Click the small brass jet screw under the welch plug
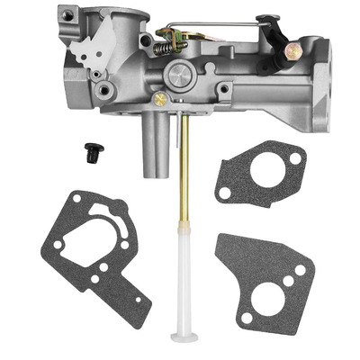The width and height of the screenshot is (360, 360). click(160, 99)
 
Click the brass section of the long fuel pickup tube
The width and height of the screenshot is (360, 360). click(183, 180)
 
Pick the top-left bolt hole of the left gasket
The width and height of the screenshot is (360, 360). click(79, 196)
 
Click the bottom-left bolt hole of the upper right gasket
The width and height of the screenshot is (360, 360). click(222, 192)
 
